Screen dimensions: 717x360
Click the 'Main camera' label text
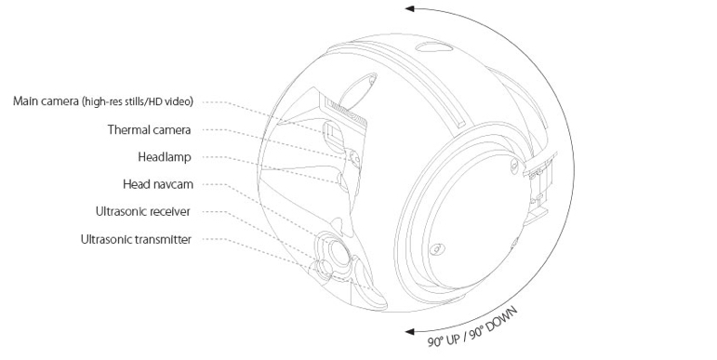click(46, 101)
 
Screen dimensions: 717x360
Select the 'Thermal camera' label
click(149, 130)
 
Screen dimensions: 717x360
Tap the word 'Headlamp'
click(165, 157)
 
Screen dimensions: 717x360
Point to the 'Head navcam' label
click(158, 184)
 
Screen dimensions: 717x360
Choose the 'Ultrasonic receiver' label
click(142, 212)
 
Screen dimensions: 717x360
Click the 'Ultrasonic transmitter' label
click(136, 239)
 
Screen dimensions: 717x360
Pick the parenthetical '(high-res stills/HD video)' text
click(138, 101)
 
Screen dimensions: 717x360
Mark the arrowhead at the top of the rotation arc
click(410, 8)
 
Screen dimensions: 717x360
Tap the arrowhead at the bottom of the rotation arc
click(410, 331)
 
